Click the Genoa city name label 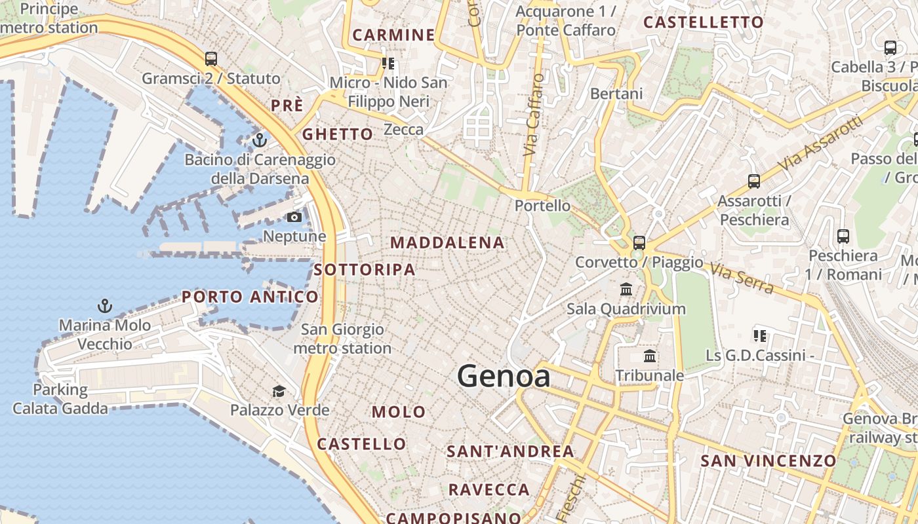[503, 377]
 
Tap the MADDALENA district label [447, 242]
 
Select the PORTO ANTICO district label [250, 297]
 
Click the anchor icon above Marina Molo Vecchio [104, 305]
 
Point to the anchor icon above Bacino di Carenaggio [260, 140]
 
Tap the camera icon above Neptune [294, 217]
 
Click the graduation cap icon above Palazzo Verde [279, 391]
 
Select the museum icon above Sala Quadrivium [626, 289]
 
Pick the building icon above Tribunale [650, 356]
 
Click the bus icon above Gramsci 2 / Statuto [210, 59]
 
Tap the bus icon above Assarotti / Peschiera [754, 181]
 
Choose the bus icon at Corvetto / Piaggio [639, 242]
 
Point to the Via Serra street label [742, 278]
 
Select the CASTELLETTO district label [704, 22]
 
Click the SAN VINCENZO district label [768, 460]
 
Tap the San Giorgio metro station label [342, 339]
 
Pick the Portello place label [542, 206]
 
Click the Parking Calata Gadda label [60, 399]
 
